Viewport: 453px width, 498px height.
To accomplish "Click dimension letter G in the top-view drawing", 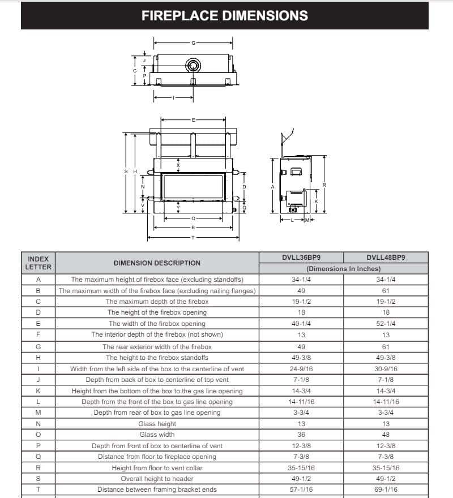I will (193, 43).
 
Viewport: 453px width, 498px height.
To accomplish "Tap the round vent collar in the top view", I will (193, 66).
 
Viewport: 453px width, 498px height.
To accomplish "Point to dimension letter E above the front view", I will (193, 120).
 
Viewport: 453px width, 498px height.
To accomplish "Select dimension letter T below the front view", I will (193, 238).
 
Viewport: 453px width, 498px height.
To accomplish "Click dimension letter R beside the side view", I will (324, 185).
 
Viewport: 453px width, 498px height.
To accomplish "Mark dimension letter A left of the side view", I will (272, 187).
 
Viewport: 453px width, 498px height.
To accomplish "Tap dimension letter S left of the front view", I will (126, 171).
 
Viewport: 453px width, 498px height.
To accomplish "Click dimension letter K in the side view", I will (317, 202).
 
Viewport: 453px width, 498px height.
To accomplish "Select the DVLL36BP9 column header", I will (301, 257).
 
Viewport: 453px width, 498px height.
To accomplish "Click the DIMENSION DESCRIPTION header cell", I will (157, 263).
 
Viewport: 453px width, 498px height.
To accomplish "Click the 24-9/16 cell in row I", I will (301, 368).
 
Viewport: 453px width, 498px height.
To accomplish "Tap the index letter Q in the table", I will (38, 457).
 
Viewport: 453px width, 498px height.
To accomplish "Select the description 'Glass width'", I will (157, 435).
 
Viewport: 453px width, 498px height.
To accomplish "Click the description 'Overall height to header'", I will (157, 479).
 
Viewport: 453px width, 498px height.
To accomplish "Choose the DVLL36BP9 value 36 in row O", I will (301, 435).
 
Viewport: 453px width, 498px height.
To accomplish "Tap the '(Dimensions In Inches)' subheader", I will (343, 269).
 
